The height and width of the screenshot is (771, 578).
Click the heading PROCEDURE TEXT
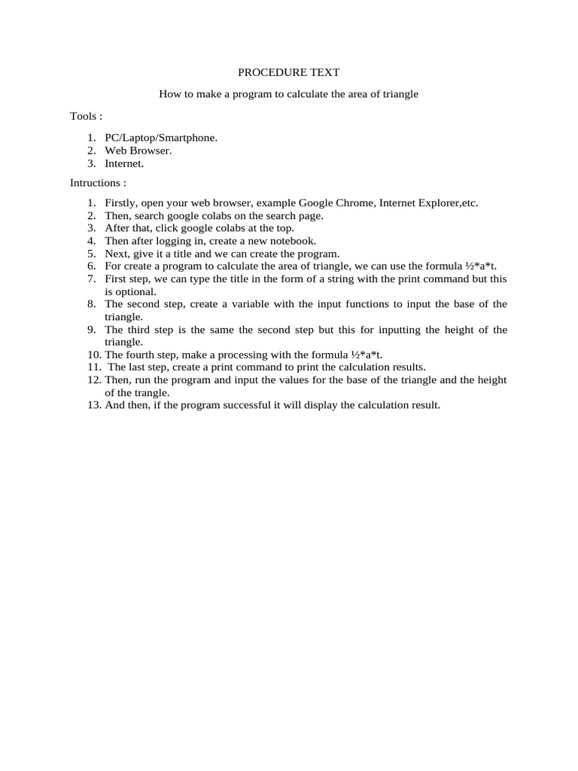[x=288, y=73]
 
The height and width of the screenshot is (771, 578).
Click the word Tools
[x=83, y=116]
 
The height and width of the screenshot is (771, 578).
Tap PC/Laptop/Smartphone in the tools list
[x=161, y=138]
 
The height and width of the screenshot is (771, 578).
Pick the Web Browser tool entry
[x=138, y=151]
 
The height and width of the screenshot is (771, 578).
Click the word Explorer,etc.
[x=449, y=203]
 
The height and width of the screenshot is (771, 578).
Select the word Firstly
[x=120, y=203]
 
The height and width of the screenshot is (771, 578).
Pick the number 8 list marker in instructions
[x=91, y=304]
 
